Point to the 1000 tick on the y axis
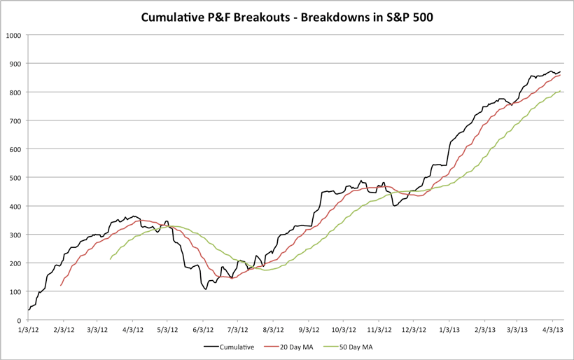click(13, 35)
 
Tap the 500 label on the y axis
click(15, 177)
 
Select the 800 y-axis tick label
click(15, 92)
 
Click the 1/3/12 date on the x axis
click(28, 329)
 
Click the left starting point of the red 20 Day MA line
click(62, 286)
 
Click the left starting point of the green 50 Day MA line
click(111, 260)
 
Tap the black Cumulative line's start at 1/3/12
click(29, 310)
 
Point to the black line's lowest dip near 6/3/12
click(206, 289)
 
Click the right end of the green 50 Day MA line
click(561, 91)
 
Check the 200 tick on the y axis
click(15, 263)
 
